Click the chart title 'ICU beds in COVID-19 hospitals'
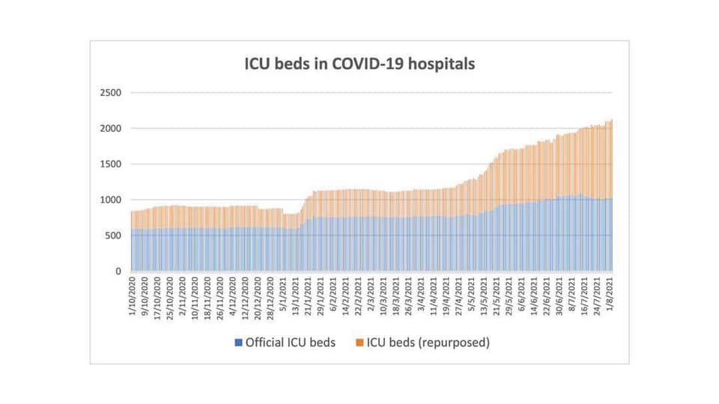pos(359,64)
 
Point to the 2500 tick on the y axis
pos(112,93)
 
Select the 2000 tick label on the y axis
pos(112,129)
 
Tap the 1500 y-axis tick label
pos(112,164)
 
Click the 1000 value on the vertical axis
pos(112,200)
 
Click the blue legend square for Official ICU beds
pos(239,343)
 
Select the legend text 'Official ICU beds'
pos(291,343)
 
